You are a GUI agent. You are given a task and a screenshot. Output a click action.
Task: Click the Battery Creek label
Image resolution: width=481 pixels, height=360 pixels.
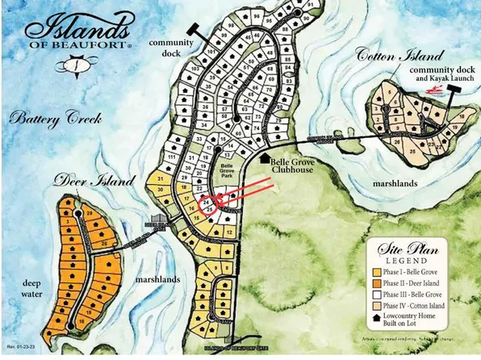(55, 119)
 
